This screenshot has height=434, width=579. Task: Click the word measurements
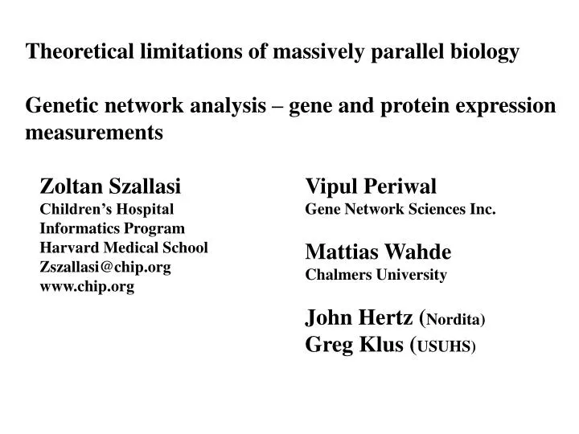[x=94, y=133]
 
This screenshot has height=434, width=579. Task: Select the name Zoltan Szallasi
[x=111, y=187]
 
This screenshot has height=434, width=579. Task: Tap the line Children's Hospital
[x=107, y=209]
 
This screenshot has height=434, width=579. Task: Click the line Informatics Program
[x=113, y=228]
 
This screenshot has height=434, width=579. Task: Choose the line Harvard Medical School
[x=124, y=248]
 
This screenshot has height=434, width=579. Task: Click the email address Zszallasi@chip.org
[x=105, y=267]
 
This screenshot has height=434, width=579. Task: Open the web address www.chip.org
[x=87, y=286]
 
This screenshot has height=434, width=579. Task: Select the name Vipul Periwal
[x=371, y=187]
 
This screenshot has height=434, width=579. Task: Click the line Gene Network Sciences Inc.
[x=400, y=209]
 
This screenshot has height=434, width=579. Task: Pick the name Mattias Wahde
[x=378, y=252]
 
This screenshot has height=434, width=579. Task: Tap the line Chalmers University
[x=376, y=274]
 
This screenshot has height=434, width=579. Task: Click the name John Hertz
[x=361, y=318]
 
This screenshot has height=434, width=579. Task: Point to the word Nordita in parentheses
[x=454, y=321]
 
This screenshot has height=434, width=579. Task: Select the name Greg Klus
[x=355, y=346]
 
